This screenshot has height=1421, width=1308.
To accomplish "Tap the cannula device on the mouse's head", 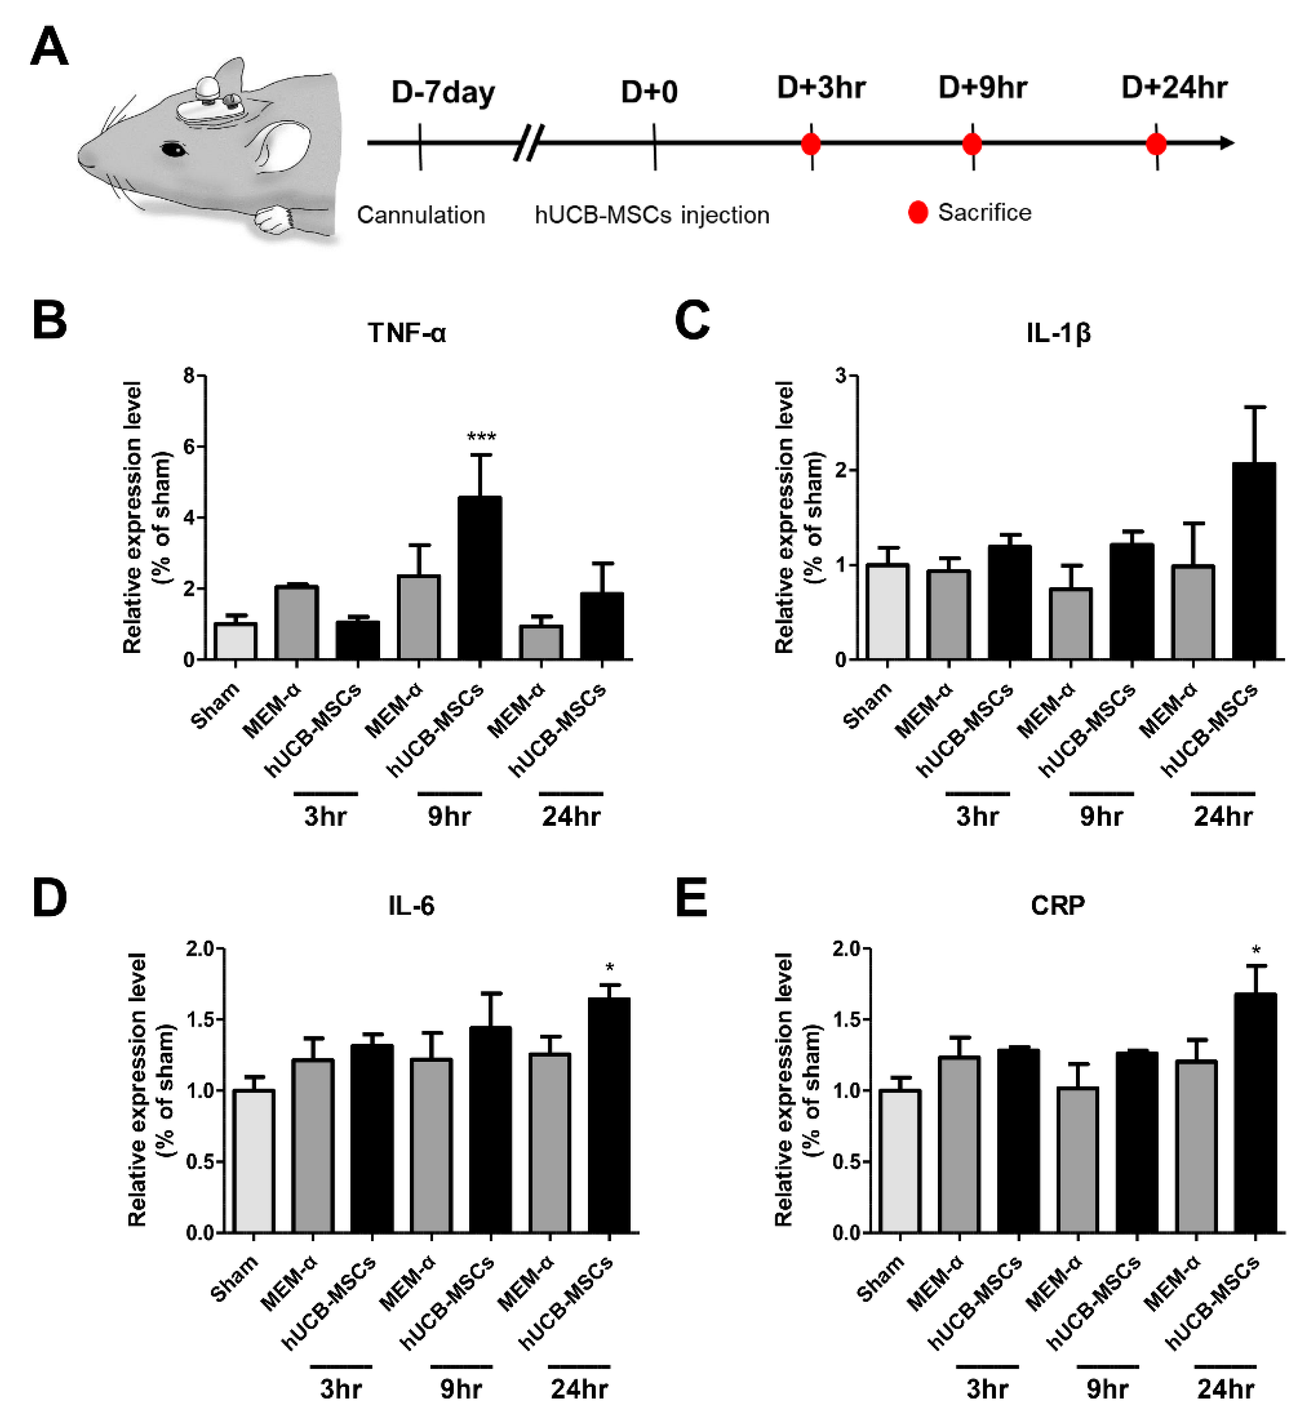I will (210, 106).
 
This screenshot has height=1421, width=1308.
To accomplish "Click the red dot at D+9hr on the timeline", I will (972, 144).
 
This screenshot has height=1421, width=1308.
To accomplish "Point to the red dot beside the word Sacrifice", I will (918, 212).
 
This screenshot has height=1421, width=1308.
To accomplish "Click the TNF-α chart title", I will (407, 333).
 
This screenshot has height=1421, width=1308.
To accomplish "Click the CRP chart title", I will (1058, 905).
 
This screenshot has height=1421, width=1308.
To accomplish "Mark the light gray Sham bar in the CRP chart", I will (899, 1161).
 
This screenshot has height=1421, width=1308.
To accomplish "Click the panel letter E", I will (692, 898).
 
